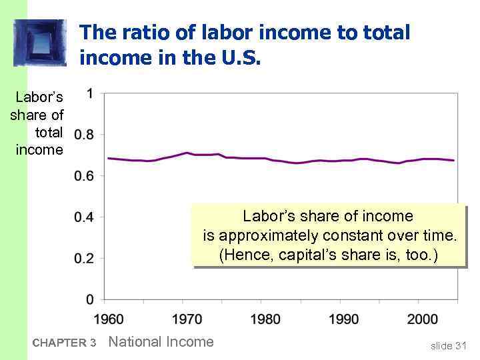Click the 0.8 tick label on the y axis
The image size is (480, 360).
(x=84, y=135)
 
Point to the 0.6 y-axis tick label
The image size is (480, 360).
(x=84, y=176)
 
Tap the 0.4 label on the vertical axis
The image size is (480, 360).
(x=84, y=217)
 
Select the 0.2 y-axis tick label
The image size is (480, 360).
(x=84, y=259)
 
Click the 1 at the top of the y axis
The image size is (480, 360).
(x=89, y=94)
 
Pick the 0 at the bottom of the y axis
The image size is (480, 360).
(x=89, y=299)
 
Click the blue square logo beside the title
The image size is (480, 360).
(x=40, y=43)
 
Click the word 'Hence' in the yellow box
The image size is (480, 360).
(x=249, y=255)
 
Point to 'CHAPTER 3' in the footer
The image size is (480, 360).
(x=64, y=343)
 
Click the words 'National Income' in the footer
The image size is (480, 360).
(x=161, y=342)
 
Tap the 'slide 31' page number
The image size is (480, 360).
(x=448, y=345)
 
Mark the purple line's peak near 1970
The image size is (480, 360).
(x=187, y=153)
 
